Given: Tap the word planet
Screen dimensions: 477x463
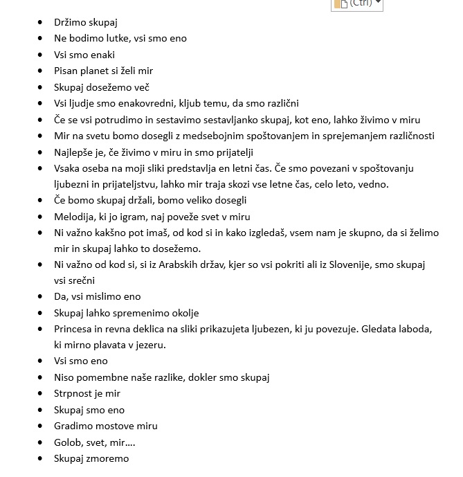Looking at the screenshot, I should (98, 71).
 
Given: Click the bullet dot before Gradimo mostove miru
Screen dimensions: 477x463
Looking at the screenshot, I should (41, 426).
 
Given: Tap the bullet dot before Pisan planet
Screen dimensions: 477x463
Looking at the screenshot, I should (41, 71).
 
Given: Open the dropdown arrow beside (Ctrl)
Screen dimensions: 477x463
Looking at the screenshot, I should (379, 3).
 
